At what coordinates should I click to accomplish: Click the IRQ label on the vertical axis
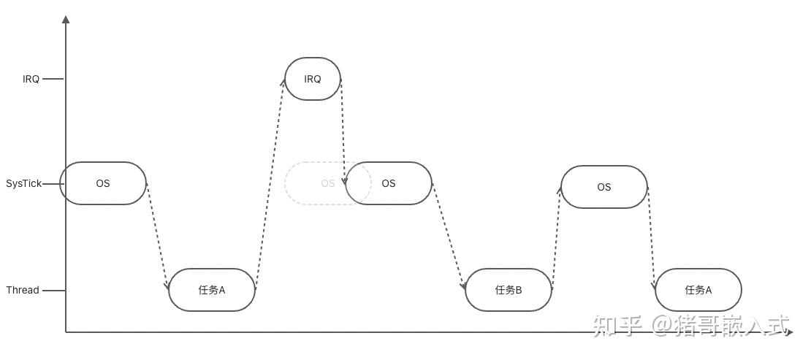[31, 79]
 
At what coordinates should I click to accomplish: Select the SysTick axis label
[24, 183]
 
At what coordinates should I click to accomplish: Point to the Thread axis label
[23, 290]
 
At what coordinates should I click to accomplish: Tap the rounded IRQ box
[313, 79]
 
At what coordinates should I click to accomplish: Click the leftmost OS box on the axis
[103, 183]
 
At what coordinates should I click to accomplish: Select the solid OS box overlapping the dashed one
[389, 183]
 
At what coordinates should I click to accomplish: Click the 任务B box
[509, 290]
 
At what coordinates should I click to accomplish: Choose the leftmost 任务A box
[212, 290]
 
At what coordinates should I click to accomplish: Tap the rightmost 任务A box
[698, 290]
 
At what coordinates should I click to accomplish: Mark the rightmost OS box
[604, 187]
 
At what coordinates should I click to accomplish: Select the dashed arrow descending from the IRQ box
[343, 131]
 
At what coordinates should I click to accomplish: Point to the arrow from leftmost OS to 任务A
[157, 235]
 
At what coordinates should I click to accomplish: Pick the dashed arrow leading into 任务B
[449, 236]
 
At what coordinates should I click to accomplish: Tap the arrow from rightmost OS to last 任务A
[651, 237]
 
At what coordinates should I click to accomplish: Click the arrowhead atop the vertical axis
[66, 19]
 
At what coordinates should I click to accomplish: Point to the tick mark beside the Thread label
[53, 290]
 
